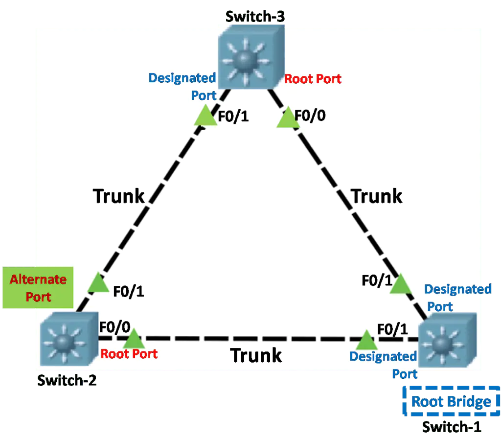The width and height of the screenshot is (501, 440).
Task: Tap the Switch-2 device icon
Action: [x=69, y=339]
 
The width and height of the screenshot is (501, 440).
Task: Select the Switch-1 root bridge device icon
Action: [x=447, y=340]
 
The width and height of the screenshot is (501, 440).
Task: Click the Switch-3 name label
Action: [x=255, y=17]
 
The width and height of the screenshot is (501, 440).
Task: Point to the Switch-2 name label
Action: [x=67, y=380]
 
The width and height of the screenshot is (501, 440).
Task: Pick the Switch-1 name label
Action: [x=452, y=427]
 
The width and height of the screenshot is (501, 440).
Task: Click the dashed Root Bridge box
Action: [x=451, y=401]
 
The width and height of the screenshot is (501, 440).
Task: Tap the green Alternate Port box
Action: [x=38, y=288]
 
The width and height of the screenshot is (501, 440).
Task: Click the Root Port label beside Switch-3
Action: [x=313, y=79]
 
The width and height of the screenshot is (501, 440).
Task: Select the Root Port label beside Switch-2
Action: [x=129, y=354]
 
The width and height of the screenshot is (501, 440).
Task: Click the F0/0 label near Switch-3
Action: [x=310, y=116]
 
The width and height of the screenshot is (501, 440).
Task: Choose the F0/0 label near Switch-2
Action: [x=114, y=327]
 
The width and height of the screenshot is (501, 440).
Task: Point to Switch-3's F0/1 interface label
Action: [x=233, y=116]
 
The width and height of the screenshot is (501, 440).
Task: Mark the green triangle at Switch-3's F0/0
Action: [x=288, y=117]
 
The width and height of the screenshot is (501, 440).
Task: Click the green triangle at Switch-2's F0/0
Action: [x=134, y=338]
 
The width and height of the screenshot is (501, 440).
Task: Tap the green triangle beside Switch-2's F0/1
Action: [x=98, y=282]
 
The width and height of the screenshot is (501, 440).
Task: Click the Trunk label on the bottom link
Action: [x=256, y=355]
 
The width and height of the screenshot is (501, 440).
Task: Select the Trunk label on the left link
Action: [x=118, y=196]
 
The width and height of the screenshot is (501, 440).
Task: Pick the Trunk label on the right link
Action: [x=376, y=196]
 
